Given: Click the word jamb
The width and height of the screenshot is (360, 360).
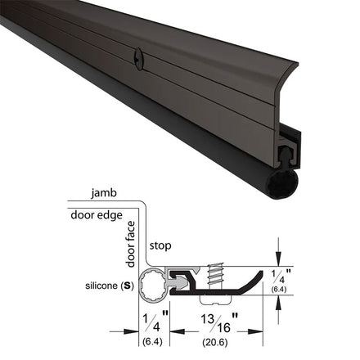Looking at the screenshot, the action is (x=104, y=193).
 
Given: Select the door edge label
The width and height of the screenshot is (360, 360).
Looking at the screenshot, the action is (x=97, y=215).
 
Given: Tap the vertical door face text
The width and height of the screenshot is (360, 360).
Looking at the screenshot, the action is (x=131, y=244).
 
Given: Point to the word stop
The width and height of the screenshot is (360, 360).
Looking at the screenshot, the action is (x=160, y=246).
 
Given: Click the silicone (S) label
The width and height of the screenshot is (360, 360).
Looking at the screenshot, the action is (x=110, y=286).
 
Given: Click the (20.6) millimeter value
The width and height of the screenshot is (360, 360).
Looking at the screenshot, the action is (x=215, y=342).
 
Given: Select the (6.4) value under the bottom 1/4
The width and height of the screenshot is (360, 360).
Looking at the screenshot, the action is (x=152, y=341).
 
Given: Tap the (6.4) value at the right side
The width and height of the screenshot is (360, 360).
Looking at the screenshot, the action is (x=279, y=289).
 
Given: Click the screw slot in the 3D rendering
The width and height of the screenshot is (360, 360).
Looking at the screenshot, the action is (x=137, y=56).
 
